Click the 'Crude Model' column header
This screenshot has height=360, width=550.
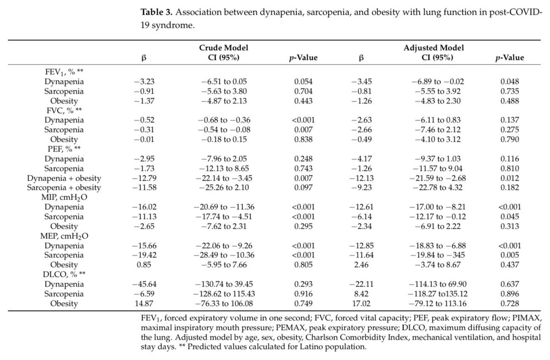224,47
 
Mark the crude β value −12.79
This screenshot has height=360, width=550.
143,178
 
